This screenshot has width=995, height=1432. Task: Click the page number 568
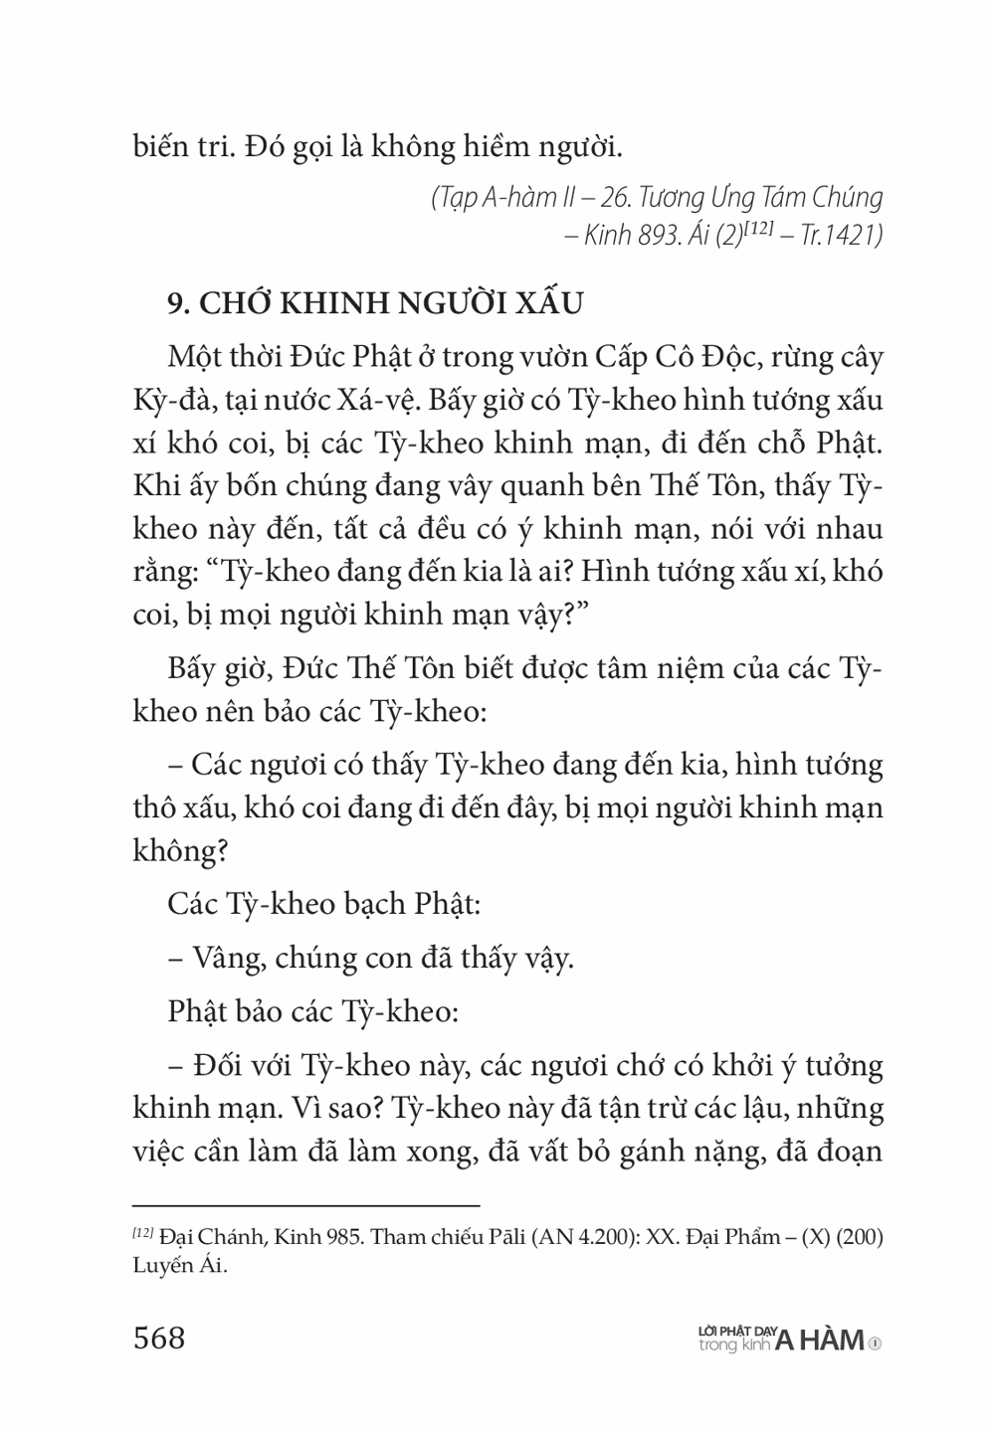coord(159,1338)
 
